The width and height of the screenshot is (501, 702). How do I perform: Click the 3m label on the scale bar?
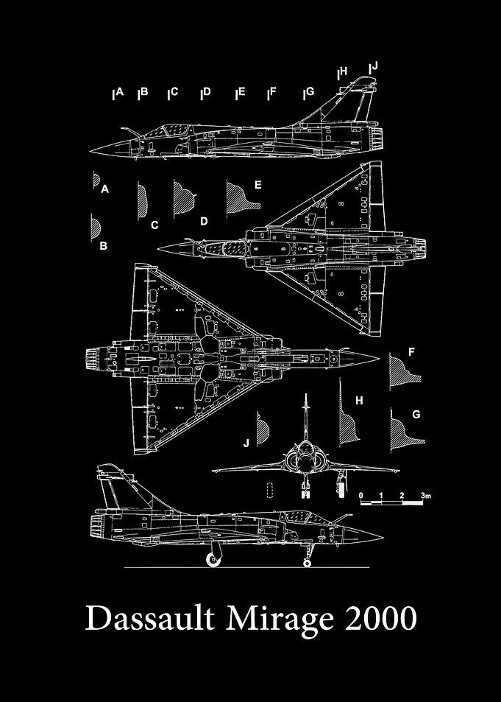tap(425, 496)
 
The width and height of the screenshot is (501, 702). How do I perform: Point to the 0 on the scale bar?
tap(361, 496)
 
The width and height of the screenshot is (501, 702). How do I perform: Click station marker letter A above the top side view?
tap(119, 92)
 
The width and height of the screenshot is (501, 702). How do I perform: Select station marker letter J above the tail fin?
tap(374, 66)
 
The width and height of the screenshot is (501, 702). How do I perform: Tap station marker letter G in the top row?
tap(310, 91)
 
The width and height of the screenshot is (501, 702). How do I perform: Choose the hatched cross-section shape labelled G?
tap(405, 429)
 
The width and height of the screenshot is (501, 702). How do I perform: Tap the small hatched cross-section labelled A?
tap(96, 180)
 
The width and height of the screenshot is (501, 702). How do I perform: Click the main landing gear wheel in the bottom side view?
tap(213, 559)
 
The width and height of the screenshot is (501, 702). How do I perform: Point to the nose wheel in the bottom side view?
tap(307, 563)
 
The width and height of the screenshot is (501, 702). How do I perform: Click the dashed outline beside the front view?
tap(269, 491)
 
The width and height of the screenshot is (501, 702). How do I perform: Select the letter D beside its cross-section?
tap(204, 221)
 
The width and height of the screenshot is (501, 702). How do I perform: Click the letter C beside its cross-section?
tap(154, 225)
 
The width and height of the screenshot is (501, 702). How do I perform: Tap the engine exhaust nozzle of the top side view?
tap(377, 138)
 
